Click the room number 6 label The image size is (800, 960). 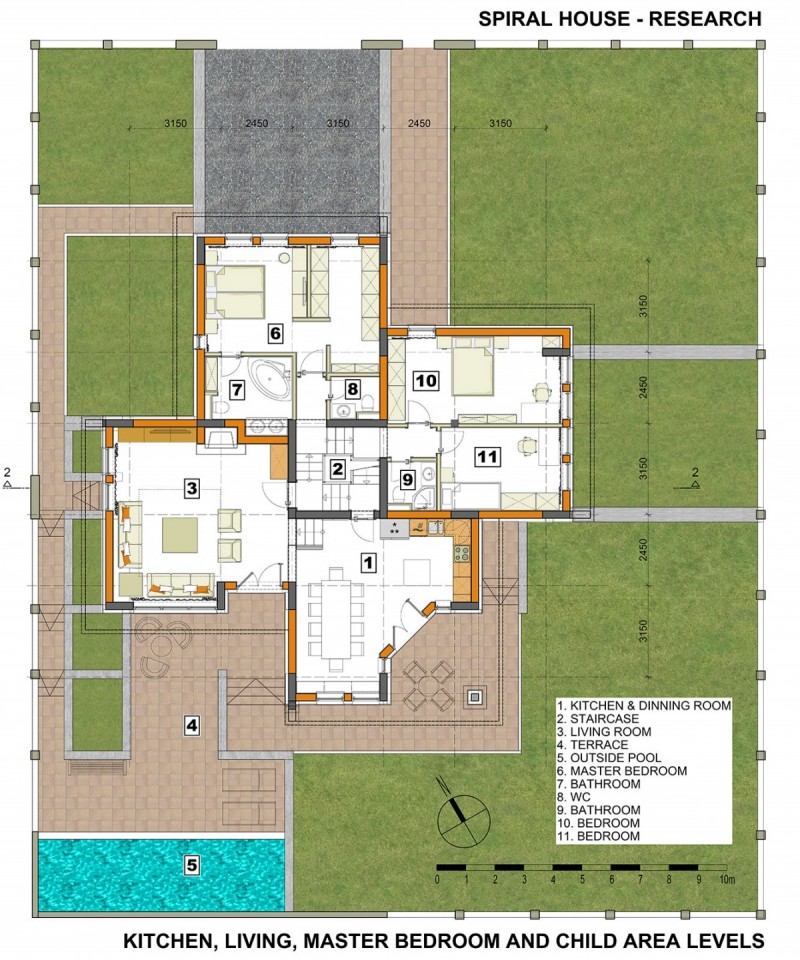[x=275, y=333]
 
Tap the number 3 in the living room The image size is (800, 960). [x=192, y=488]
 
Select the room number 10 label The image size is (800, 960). [x=426, y=380]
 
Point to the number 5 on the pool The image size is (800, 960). [x=192, y=865]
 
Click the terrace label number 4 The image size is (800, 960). [x=192, y=726]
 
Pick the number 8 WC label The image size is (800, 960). [x=352, y=388]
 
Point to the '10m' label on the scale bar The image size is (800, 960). [x=727, y=880]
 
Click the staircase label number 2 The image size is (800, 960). [x=337, y=470]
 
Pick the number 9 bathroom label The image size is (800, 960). [x=408, y=479]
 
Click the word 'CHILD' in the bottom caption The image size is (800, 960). [x=586, y=940]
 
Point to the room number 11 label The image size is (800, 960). [x=488, y=456]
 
